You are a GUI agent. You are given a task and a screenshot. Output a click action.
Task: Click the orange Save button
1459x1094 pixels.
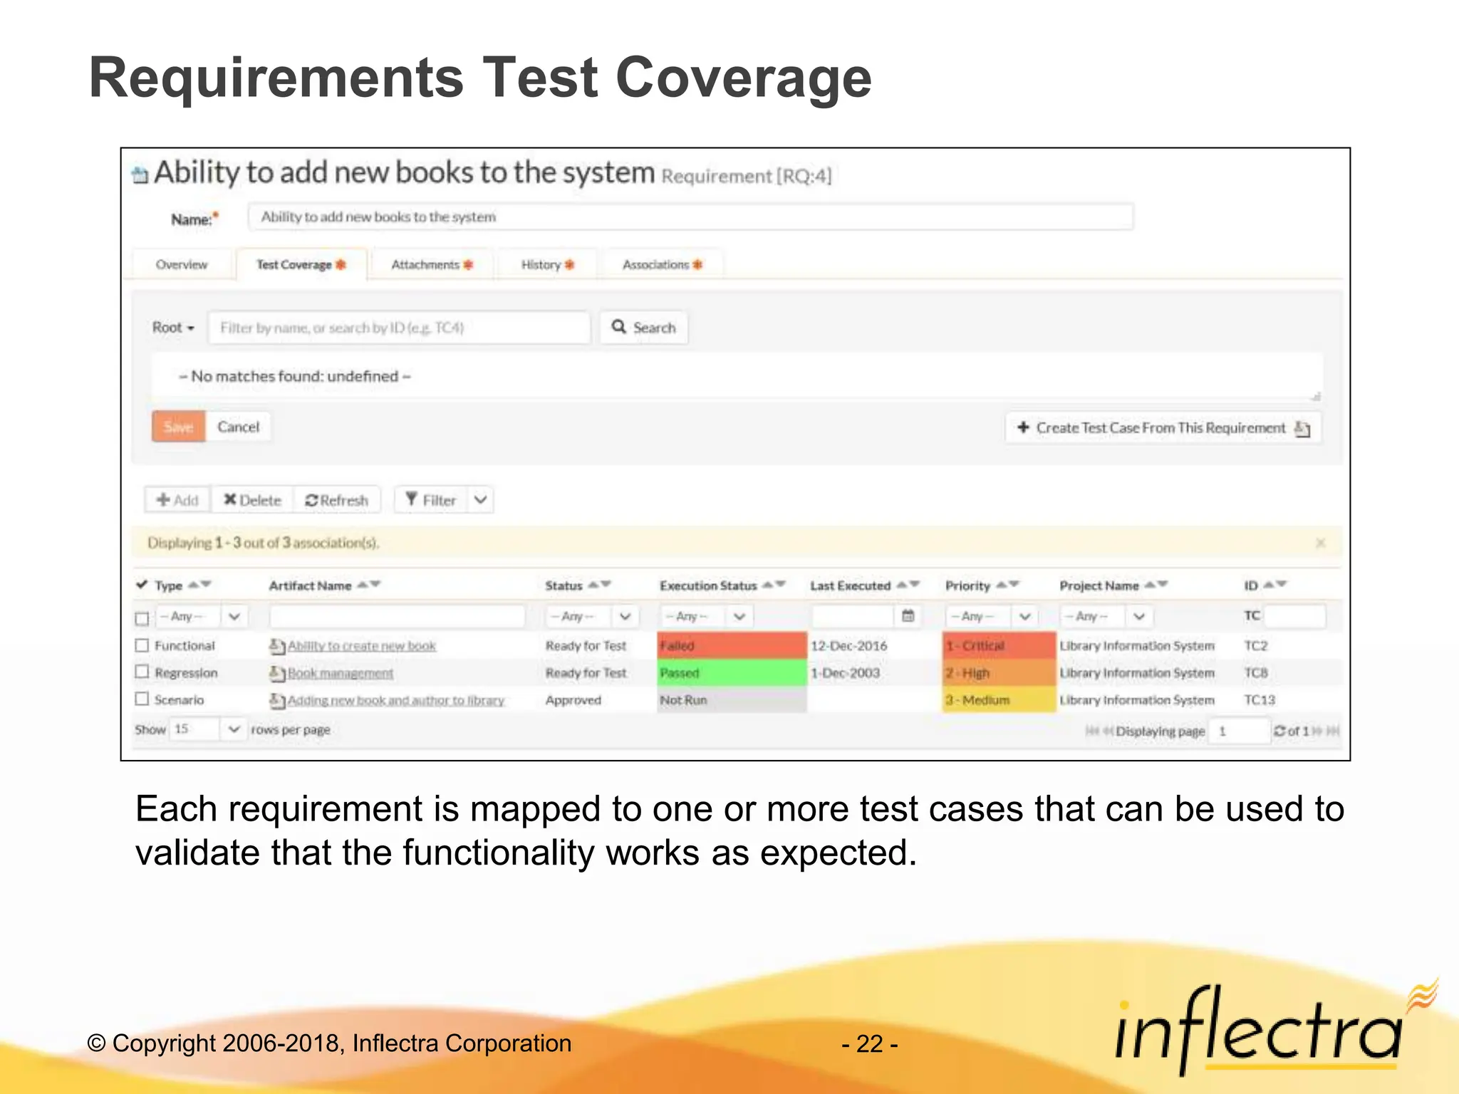[x=178, y=427]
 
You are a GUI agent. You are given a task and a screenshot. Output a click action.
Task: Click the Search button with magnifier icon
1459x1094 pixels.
[x=644, y=328]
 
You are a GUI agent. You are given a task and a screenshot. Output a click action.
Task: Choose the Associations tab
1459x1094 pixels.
[x=662, y=265]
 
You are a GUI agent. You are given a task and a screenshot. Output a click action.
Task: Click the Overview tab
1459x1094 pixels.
[x=182, y=265]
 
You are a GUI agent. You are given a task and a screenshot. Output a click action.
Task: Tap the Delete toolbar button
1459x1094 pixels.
[x=253, y=500]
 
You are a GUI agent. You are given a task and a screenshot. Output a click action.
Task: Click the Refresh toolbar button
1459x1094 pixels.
[x=337, y=500]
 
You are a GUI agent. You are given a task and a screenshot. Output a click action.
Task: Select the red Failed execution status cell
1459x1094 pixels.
[x=732, y=646]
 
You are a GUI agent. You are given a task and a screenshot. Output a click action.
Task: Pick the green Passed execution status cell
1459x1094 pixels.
[x=732, y=673]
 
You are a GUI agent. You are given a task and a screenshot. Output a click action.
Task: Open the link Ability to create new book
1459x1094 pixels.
[x=361, y=646]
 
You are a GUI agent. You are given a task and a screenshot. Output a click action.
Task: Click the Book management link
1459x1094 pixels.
[x=340, y=673]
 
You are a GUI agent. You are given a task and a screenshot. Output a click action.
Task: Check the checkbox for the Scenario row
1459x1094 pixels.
[x=142, y=699]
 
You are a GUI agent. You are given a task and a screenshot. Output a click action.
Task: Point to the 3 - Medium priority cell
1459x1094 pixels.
[x=998, y=700]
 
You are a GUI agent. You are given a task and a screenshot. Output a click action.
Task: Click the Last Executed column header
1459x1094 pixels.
[x=851, y=585]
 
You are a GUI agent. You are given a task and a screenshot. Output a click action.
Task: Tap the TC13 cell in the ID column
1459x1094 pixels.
[x=1260, y=700]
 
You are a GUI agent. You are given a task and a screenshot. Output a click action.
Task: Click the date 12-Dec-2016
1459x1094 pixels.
[x=848, y=646]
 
